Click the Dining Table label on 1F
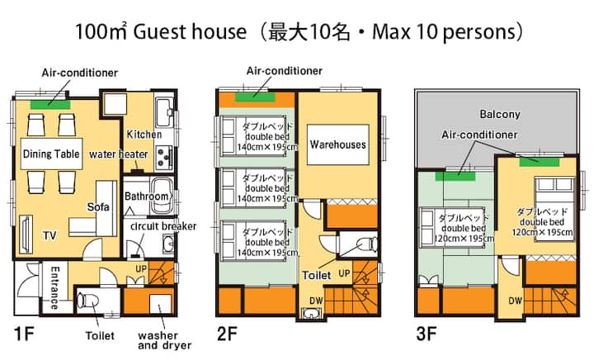(51, 154)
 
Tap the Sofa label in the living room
(98, 206)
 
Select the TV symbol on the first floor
(26, 234)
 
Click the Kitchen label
(144, 134)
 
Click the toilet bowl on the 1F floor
(87, 301)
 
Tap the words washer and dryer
(164, 340)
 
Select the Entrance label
(55, 287)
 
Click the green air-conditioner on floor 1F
(50, 104)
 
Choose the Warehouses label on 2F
(338, 144)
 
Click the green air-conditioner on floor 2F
(255, 97)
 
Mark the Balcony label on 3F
(500, 114)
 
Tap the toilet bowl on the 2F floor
(368, 244)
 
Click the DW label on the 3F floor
(515, 301)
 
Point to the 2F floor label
(228, 334)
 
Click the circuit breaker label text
(163, 226)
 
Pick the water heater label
(119, 154)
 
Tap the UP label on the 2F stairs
(344, 272)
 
